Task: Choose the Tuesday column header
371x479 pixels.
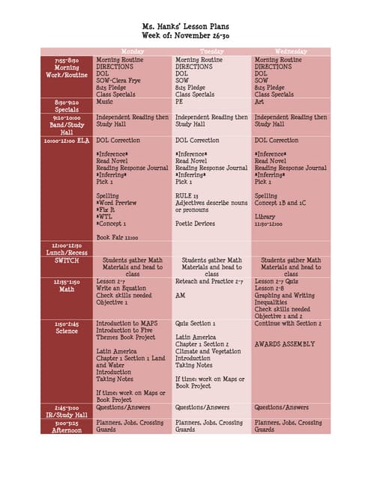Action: pos(211,52)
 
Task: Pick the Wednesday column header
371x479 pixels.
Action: pos(291,52)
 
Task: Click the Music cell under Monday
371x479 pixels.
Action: pos(105,102)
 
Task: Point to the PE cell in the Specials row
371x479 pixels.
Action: pos(180,102)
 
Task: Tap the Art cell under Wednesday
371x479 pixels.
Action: pos(259,102)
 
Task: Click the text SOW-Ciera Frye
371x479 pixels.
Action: pos(119,80)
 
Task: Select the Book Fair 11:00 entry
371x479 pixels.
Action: pos(117,237)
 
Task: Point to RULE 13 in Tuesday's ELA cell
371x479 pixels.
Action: pos(188,195)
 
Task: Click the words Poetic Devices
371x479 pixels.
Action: pos(195,223)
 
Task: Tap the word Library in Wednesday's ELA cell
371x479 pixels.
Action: pos(265,216)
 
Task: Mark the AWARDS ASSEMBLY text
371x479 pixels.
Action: pos(285,344)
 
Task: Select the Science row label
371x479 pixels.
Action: pos(67,331)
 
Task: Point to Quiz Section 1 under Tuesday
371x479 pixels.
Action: pos(195,323)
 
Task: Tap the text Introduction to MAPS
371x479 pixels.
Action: pos(127,323)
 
